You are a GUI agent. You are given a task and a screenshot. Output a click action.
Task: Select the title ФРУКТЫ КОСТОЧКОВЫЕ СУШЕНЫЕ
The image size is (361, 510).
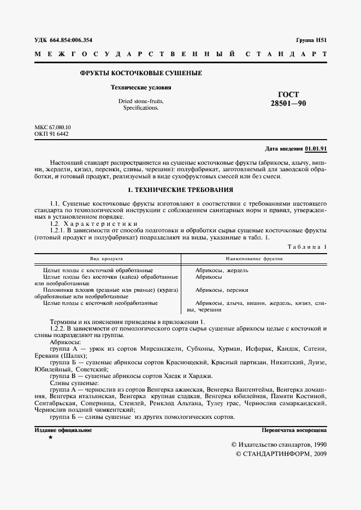point(141,73)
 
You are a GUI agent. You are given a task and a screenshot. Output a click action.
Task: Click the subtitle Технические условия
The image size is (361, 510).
point(141,87)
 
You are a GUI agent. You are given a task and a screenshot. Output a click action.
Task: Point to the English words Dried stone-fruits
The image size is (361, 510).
point(141,101)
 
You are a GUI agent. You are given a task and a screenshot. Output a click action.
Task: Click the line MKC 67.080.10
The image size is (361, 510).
point(53,128)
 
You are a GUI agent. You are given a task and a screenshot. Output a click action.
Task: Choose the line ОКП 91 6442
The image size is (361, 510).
point(51,134)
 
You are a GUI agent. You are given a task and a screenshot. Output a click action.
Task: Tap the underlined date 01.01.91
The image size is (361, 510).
point(316,148)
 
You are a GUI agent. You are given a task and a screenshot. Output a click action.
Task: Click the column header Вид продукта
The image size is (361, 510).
point(106,259)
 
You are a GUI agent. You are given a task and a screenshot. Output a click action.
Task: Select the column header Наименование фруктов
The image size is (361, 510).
point(254,259)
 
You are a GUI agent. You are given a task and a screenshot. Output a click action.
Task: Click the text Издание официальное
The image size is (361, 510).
point(63,430)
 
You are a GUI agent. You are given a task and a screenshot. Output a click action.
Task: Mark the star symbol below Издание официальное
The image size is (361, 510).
point(50,438)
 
